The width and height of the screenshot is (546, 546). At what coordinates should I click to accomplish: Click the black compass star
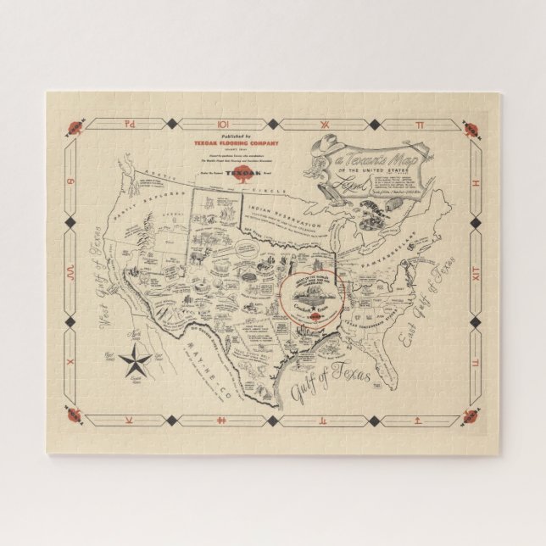pyautogui.click(x=136, y=365)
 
